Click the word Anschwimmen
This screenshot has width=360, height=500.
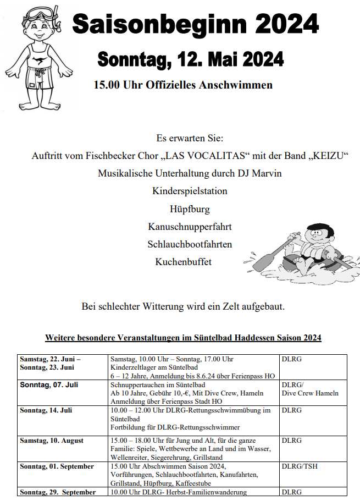pyautogui.click(x=241, y=85)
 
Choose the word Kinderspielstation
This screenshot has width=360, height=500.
pyautogui.click(x=182, y=191)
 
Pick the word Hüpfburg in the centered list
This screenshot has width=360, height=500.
pyautogui.click(x=182, y=209)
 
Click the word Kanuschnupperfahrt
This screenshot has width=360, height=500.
pyautogui.click(x=182, y=227)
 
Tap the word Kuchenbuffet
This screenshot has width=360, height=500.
pyautogui.click(x=182, y=262)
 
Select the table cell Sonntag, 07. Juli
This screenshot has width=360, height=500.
pyautogui.click(x=49, y=385)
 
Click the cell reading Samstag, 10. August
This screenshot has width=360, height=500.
pyautogui.click(x=52, y=440)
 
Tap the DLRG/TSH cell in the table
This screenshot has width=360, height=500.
pyautogui.click(x=300, y=466)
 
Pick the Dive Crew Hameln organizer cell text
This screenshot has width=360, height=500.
pyautogui.click(x=310, y=393)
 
